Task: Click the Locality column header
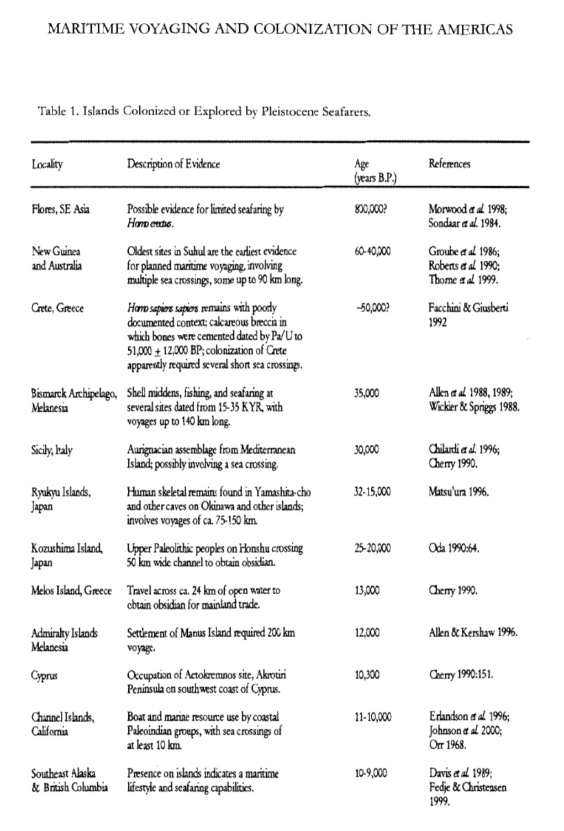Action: [47, 164]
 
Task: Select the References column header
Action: [449, 164]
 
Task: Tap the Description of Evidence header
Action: [173, 164]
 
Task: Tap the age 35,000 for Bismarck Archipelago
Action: [367, 393]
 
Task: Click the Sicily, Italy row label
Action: [52, 450]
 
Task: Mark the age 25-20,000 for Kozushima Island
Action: [372, 549]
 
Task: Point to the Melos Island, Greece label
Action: [71, 591]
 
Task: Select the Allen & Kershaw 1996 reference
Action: [473, 633]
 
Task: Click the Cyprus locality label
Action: [44, 675]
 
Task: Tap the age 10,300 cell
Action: [367, 675]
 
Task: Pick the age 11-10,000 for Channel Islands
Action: [373, 717]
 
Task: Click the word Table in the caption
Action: [51, 112]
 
